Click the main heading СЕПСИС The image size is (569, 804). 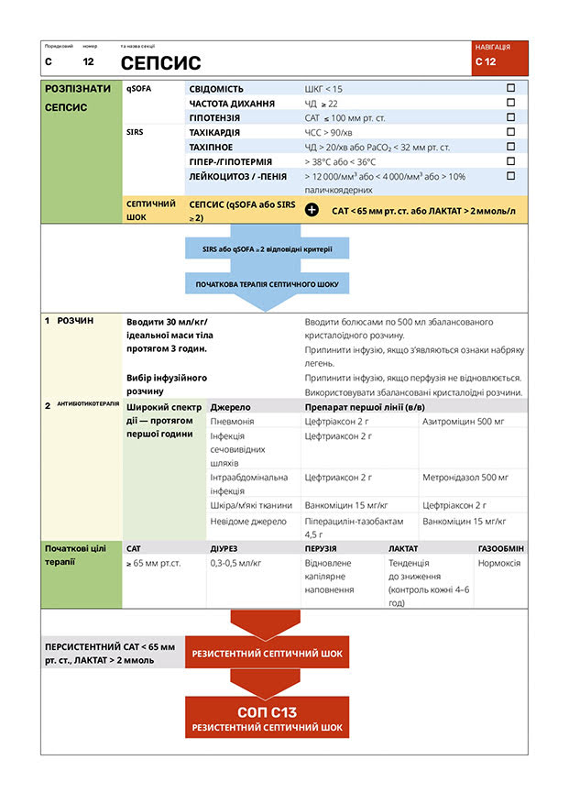click(160, 62)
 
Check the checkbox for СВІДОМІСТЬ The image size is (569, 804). click(511, 88)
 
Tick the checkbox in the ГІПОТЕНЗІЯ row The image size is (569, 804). click(511, 117)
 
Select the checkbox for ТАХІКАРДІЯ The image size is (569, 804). click(511, 132)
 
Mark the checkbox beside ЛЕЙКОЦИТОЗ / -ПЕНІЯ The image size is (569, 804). click(511, 175)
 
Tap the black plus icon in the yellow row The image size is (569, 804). click(312, 210)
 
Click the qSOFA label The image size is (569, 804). click(139, 89)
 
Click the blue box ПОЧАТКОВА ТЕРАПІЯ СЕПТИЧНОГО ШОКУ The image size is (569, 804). click(267, 284)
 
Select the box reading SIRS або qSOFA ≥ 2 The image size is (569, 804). click(267, 248)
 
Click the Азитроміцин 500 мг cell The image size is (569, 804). click(465, 421)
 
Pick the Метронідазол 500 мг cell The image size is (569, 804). click(465, 478)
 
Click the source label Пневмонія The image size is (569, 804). click(233, 421)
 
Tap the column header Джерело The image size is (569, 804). click(230, 406)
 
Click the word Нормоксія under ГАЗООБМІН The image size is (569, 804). click(499, 563)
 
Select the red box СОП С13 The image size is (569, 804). click(267, 718)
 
